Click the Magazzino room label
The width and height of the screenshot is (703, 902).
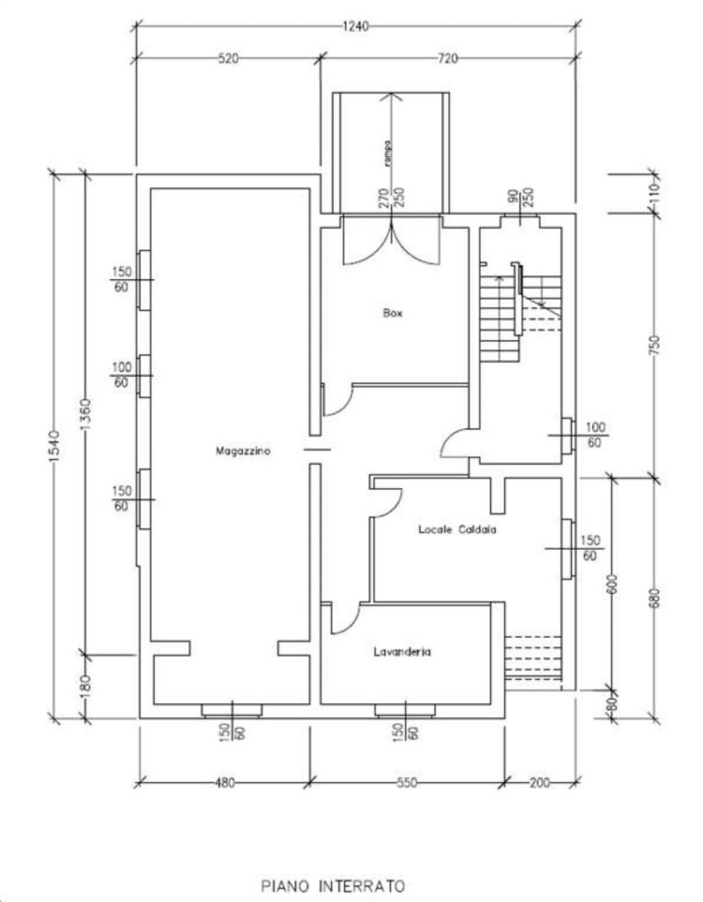[x=243, y=450]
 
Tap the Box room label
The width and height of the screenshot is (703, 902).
[x=393, y=313]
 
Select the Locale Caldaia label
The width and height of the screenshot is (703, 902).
[x=457, y=529]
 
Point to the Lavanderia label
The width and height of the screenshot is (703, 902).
[x=401, y=652]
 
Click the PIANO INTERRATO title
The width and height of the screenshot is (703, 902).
[x=332, y=883]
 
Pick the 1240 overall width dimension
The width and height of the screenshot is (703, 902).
[x=355, y=26]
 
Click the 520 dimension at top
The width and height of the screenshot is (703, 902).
[x=228, y=59]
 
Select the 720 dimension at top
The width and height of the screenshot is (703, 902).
[x=448, y=59]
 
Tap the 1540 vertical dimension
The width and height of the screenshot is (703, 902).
[x=53, y=446]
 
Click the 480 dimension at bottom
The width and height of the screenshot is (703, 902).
[x=226, y=782]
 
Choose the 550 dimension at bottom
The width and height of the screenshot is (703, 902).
[x=406, y=782]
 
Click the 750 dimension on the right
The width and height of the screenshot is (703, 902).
[x=654, y=344]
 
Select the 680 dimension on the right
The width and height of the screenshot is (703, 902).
[x=654, y=596]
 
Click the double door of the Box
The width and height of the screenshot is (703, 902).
[x=390, y=240]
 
